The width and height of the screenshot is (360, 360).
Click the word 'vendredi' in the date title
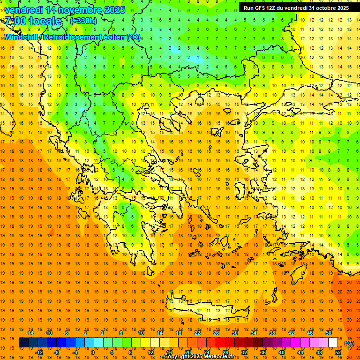(x=24, y=10)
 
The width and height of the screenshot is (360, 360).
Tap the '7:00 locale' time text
(x=33, y=21)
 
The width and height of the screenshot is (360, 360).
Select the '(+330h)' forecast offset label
(x=83, y=21)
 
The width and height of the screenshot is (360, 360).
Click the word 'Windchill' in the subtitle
(x=22, y=37)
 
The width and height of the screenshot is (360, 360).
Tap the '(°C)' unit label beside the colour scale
(x=349, y=343)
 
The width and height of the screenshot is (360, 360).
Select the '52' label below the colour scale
(x=338, y=352)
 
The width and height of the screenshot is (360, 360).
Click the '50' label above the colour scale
(x=329, y=333)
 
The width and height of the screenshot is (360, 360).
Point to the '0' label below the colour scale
(x=92, y=352)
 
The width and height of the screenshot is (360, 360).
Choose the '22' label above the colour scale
(x=197, y=333)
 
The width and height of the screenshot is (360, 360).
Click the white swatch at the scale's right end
(x=333, y=343)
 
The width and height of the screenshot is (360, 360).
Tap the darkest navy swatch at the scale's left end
(x=23, y=343)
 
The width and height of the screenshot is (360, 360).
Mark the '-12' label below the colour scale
(x=39, y=352)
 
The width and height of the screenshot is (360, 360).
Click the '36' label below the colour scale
(x=263, y=352)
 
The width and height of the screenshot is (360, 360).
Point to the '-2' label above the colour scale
(x=85, y=333)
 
